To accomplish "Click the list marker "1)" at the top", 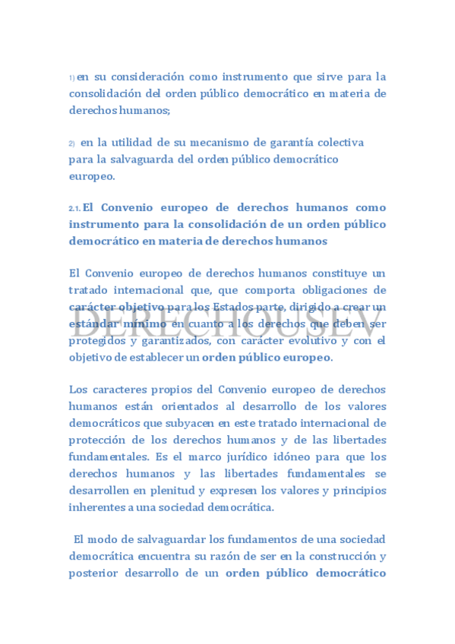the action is click(x=72, y=78).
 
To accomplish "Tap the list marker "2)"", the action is click(x=72, y=144).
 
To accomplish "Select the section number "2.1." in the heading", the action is click(x=74, y=209).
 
